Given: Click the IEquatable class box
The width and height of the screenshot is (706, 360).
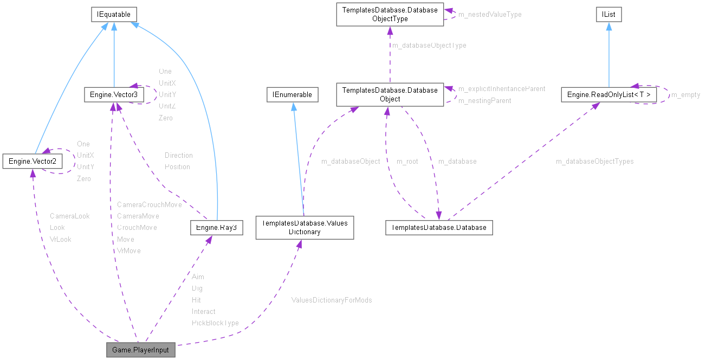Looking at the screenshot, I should click(113, 15).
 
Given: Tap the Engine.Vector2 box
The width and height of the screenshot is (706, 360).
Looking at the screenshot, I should click(32, 161).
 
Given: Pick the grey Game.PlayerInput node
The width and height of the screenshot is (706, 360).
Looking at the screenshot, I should click(140, 350).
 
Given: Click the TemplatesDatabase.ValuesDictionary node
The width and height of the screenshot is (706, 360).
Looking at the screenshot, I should click(304, 228).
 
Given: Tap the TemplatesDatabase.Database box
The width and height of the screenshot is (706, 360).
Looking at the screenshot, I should click(438, 228).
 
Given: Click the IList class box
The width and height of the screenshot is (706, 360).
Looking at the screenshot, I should click(608, 15).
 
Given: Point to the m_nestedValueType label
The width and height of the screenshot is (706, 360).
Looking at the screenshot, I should click(489, 15).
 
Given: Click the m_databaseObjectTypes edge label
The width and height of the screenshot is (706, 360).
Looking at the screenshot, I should click(594, 162).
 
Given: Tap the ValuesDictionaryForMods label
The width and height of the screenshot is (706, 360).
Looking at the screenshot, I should click(331, 300).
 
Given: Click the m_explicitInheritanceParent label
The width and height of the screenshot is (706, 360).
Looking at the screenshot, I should click(501, 88).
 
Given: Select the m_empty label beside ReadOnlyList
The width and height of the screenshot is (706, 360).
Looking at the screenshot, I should click(685, 95).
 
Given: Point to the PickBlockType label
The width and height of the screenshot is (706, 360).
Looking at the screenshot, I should click(215, 323).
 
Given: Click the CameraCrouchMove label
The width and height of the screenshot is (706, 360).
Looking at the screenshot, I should click(149, 205).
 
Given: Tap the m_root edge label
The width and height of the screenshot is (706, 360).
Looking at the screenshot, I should click(407, 162).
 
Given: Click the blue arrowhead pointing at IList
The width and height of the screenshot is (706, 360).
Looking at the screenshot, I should click(608, 25).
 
